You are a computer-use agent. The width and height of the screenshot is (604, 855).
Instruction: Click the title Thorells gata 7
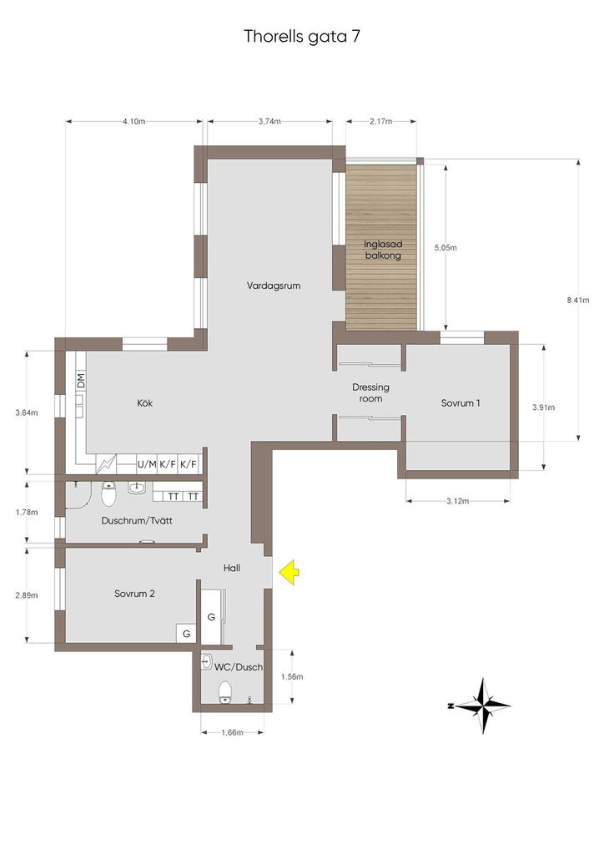(x=302, y=37)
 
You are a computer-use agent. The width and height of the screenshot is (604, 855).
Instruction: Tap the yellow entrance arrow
(x=289, y=573)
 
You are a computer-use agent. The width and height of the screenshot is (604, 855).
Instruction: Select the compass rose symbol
(x=482, y=706)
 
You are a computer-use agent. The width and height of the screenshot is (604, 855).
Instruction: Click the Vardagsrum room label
(x=274, y=286)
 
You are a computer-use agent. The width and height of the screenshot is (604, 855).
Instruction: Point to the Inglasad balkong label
(x=383, y=250)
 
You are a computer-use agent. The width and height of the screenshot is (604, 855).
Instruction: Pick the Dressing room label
(x=370, y=392)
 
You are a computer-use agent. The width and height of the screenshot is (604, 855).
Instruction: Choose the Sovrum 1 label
(x=461, y=403)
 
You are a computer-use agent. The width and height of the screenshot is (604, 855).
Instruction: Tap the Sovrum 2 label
(x=134, y=594)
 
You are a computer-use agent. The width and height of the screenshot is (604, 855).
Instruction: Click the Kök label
(x=145, y=403)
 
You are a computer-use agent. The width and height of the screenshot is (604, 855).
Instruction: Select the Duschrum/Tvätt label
(x=137, y=521)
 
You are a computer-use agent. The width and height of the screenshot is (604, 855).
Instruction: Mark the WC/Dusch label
(x=239, y=667)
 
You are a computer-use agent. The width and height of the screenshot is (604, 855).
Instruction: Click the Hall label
(x=231, y=568)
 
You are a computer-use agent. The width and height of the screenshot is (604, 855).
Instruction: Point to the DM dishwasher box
(x=81, y=381)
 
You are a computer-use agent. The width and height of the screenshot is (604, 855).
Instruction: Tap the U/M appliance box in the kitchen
(x=147, y=464)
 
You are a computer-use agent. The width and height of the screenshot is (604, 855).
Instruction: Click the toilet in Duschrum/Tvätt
(x=109, y=493)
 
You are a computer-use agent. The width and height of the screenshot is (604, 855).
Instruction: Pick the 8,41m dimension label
(x=578, y=300)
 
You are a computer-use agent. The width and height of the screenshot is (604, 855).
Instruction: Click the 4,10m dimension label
(x=134, y=122)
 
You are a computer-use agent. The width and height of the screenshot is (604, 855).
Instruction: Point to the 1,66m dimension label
(x=232, y=732)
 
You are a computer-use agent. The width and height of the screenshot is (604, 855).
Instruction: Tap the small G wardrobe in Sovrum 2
(x=186, y=634)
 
